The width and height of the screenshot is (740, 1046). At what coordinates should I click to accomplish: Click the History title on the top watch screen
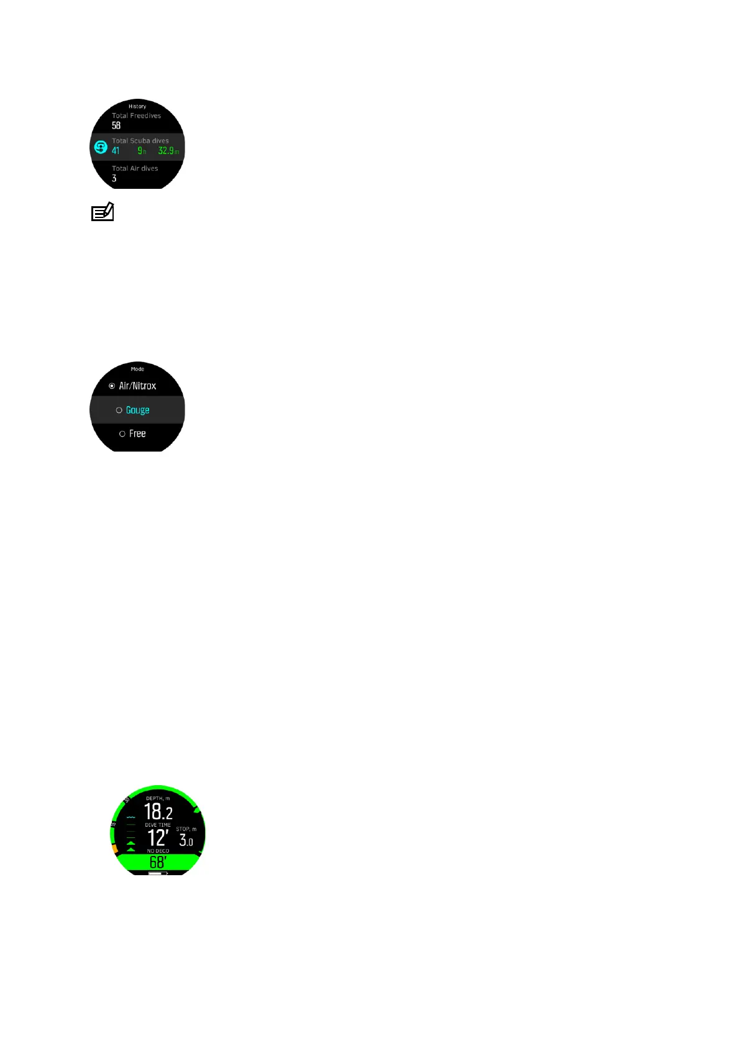point(137,106)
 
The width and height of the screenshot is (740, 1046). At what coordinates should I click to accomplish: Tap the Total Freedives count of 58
point(116,125)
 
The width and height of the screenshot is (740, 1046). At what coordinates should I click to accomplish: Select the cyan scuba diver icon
point(101,148)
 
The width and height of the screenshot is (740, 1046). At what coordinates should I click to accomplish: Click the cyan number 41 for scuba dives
point(116,151)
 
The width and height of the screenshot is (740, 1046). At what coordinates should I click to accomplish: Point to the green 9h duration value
point(142,151)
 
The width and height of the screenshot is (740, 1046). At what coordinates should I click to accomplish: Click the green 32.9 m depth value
point(168,151)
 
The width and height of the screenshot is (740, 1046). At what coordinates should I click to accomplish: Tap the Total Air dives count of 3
point(114,178)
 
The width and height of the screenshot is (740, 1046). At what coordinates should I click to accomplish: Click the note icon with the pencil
point(103,212)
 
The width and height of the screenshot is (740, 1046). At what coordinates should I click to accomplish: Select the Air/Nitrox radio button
point(112,386)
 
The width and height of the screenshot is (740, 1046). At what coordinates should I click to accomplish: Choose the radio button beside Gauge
point(119,411)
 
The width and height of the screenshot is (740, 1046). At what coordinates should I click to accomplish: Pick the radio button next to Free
point(122,434)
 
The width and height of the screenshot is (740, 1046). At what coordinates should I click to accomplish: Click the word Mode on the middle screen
point(137,369)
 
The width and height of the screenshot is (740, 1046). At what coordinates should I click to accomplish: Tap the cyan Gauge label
point(137,410)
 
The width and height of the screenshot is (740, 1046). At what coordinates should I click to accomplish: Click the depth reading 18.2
point(158,812)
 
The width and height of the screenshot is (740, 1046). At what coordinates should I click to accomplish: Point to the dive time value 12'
point(158,839)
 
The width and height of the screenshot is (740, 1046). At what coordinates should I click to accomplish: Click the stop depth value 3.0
point(186,840)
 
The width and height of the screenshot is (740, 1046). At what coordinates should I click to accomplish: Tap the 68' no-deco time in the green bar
point(158,862)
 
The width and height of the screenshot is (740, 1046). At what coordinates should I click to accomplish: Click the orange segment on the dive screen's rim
point(114,848)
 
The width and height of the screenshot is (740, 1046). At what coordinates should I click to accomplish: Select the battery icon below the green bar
point(158,873)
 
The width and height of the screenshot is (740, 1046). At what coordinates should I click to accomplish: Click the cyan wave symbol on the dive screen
point(130,817)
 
